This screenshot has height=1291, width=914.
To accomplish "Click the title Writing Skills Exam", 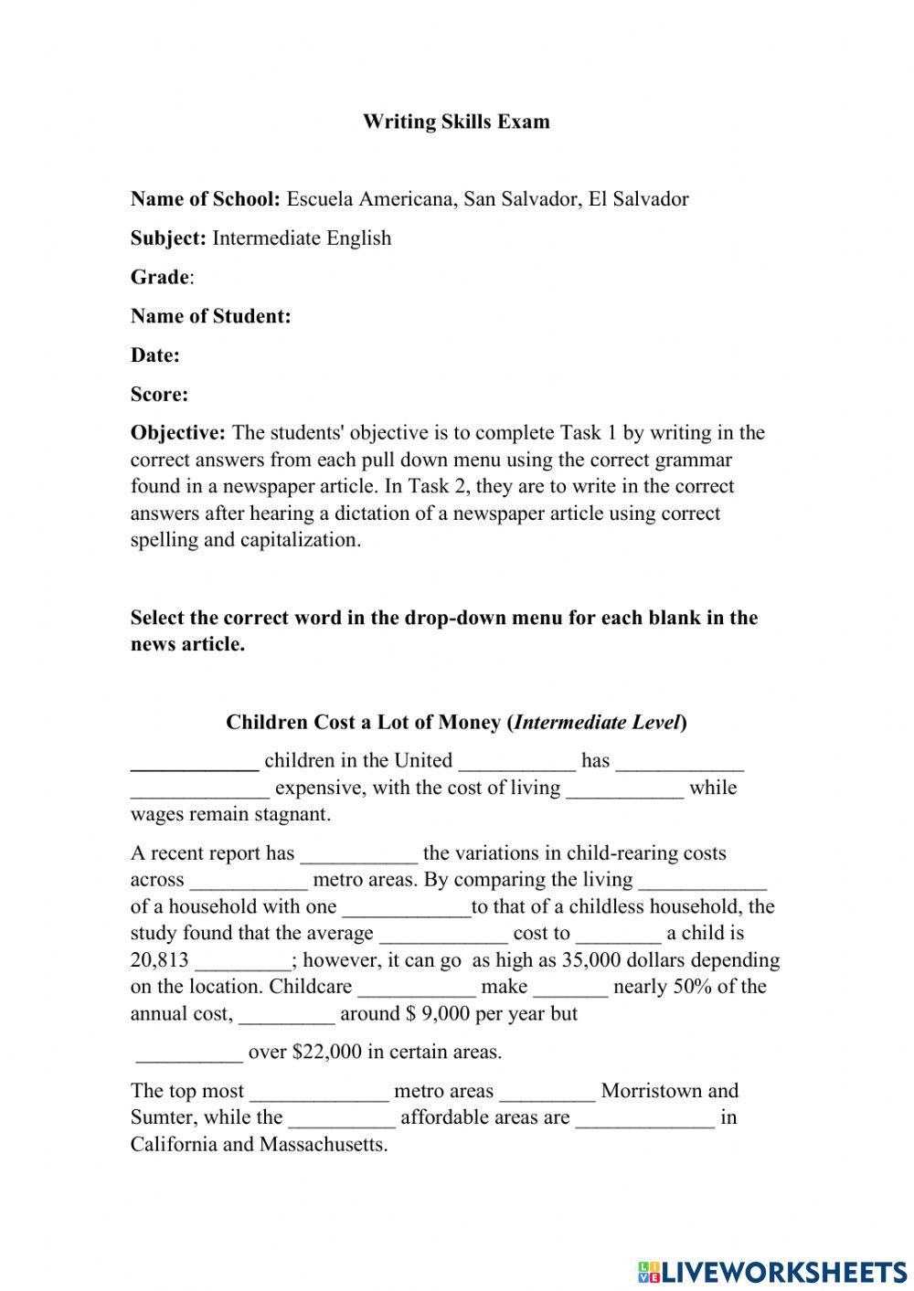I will click(x=456, y=122).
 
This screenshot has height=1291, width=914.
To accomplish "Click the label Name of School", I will click(x=205, y=199).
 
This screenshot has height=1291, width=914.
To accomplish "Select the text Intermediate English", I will click(x=302, y=238).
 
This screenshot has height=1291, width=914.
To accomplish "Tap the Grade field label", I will click(x=161, y=278).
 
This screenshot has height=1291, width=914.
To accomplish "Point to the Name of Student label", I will click(x=210, y=317).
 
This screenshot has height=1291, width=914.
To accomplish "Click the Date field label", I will click(x=154, y=356).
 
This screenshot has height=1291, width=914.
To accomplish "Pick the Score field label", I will click(x=159, y=395).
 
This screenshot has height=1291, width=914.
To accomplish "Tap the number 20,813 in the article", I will click(x=160, y=960).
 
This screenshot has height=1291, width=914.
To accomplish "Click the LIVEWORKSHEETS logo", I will click(x=772, y=1271).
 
